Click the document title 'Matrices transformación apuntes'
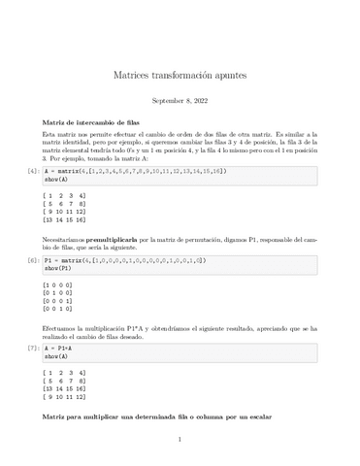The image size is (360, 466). pos(180,75)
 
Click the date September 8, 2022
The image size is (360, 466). pos(180,101)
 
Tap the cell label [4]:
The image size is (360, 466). pos(33,171)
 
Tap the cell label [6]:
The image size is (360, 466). pos(33,260)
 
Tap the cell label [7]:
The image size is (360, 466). pos(33,346)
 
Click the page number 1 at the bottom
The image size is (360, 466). pos(180,439)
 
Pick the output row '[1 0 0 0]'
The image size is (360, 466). pos(60,283)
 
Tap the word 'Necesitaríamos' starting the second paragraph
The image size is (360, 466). pos(65,238)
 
